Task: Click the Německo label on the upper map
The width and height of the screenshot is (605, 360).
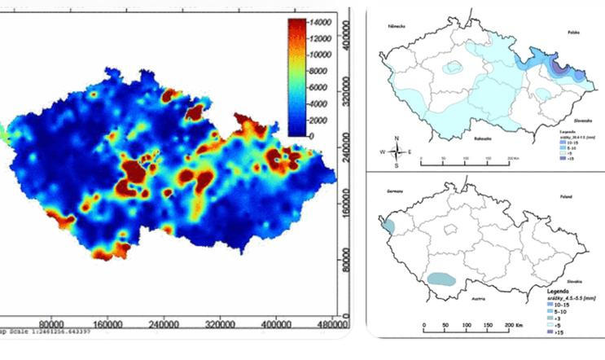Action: pos(400,25)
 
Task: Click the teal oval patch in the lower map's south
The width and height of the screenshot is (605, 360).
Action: pos(442,278)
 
